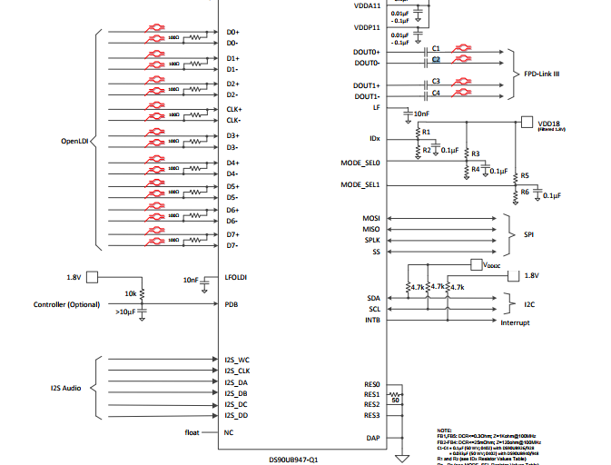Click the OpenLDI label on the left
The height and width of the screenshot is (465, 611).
[76, 141]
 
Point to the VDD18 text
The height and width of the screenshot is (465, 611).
[550, 123]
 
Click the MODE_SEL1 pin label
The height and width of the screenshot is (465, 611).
[360, 184]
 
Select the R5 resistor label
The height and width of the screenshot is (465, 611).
[525, 175]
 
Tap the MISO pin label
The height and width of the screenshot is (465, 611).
[370, 230]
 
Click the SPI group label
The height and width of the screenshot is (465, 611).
[530, 235]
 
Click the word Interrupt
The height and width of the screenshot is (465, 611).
[515, 322]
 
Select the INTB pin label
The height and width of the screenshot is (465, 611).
[372, 320]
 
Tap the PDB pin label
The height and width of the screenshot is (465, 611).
[232, 304]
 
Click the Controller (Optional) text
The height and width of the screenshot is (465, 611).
[66, 304]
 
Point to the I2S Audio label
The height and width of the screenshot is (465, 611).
[65, 388]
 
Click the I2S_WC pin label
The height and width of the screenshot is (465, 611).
[237, 361]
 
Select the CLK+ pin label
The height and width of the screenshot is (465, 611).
[233, 109]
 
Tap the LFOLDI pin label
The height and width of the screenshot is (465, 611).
[237, 277]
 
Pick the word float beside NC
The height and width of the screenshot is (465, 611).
[192, 432]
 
